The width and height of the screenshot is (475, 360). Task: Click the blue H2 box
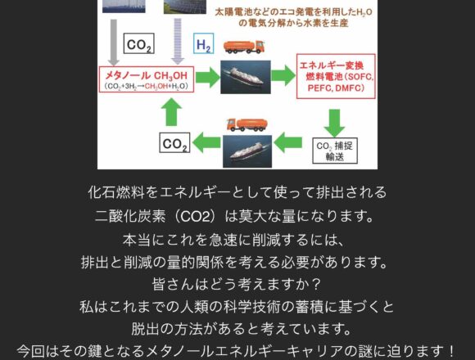pos(204,43)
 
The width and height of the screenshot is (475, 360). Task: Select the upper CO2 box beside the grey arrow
pos(138,43)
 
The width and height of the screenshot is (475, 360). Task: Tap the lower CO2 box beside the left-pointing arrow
pos(174,143)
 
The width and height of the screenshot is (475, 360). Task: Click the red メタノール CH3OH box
pos(147,79)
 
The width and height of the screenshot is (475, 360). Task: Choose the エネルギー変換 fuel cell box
pos(336,76)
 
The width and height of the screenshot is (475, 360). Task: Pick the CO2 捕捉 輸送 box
pos(335,151)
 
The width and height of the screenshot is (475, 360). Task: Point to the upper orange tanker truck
pos(244,47)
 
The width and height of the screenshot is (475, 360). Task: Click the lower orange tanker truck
pos(247,124)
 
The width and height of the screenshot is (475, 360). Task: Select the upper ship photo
pos(246,77)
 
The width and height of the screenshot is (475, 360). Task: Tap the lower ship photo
pos(247,151)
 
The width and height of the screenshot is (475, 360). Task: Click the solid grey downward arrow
pos(114,43)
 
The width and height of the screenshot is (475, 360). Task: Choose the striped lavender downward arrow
pos(178,41)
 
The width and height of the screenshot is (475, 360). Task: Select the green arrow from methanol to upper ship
pos(207,78)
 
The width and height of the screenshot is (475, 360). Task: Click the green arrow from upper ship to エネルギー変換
pos(283,75)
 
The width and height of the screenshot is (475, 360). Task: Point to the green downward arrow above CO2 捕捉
pos(334,123)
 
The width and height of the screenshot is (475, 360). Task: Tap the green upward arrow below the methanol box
pos(171,112)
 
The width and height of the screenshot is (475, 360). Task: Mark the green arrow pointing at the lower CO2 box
pos(206,142)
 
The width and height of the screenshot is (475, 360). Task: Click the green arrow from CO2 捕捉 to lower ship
pos(288,142)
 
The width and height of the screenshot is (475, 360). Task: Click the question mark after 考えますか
pos(315,285)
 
